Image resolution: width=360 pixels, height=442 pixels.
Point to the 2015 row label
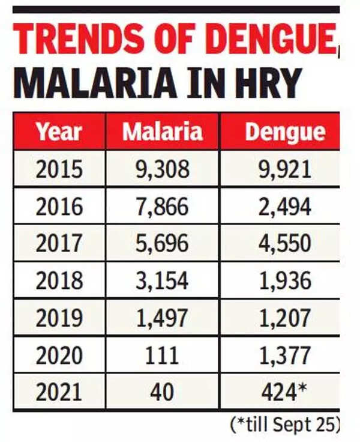[58, 169]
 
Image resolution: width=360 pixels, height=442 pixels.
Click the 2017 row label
[58, 243]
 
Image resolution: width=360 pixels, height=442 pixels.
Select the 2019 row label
[58, 318]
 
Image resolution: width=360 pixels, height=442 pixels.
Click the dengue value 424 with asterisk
[284, 392]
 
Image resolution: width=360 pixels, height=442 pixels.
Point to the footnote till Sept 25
[284, 425]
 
